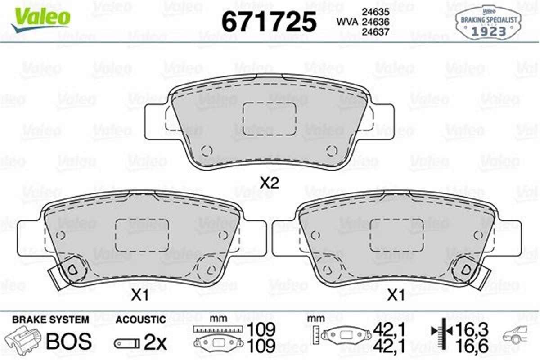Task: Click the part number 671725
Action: pos(269,21)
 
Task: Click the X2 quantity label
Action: pos(270,183)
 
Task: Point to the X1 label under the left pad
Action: pos(140,296)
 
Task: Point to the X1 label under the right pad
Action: pos(396,296)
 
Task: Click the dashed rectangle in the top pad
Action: pos(269,118)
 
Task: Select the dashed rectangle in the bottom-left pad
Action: pos(142,235)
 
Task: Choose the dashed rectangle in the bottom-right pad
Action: pos(396,235)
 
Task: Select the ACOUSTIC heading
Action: pos(141,320)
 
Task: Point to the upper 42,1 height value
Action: pos(389,330)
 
